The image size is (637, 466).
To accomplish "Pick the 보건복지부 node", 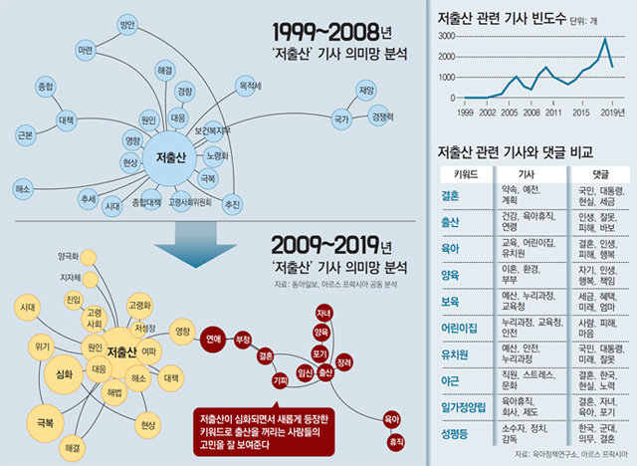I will (x=212, y=129).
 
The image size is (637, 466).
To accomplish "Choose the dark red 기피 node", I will (x=280, y=380).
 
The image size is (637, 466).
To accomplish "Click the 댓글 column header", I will (x=589, y=172).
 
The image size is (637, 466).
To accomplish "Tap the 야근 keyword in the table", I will (x=449, y=380).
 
